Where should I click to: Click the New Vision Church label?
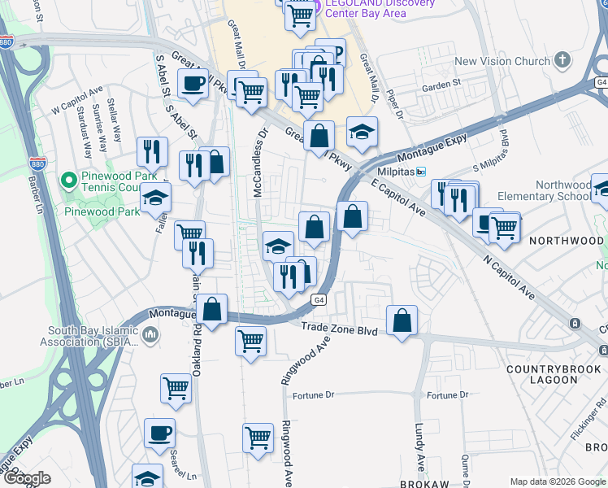click(502, 61)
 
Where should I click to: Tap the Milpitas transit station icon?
click(421, 172)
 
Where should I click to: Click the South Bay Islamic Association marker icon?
click(150, 334)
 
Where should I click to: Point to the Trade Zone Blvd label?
click(340, 327)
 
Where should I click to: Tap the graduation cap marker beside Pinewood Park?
click(156, 198)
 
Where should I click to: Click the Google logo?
click(27, 478)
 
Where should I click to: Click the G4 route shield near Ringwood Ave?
click(319, 300)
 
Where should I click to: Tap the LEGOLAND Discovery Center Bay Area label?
click(380, 7)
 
